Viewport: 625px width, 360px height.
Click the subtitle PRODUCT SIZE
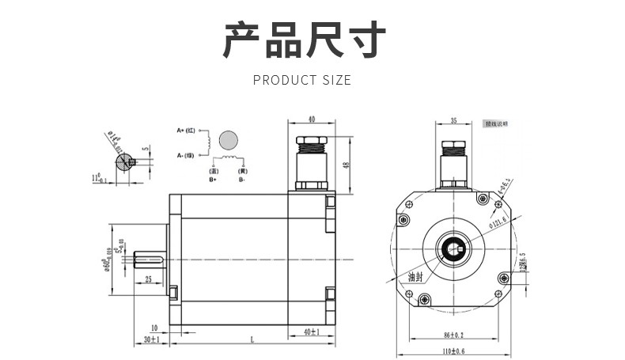tap(301, 80)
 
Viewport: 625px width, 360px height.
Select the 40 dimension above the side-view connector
tap(311, 119)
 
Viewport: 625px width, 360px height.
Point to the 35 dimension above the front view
tap(453, 121)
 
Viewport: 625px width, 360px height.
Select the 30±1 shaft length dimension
tap(150, 339)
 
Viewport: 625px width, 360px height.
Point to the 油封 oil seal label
tap(416, 278)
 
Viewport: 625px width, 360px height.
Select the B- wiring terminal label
tap(243, 180)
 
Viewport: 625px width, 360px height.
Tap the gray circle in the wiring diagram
tap(229, 141)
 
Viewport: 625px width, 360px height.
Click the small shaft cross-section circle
tap(123, 162)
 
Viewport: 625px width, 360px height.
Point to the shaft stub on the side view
tap(150, 260)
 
